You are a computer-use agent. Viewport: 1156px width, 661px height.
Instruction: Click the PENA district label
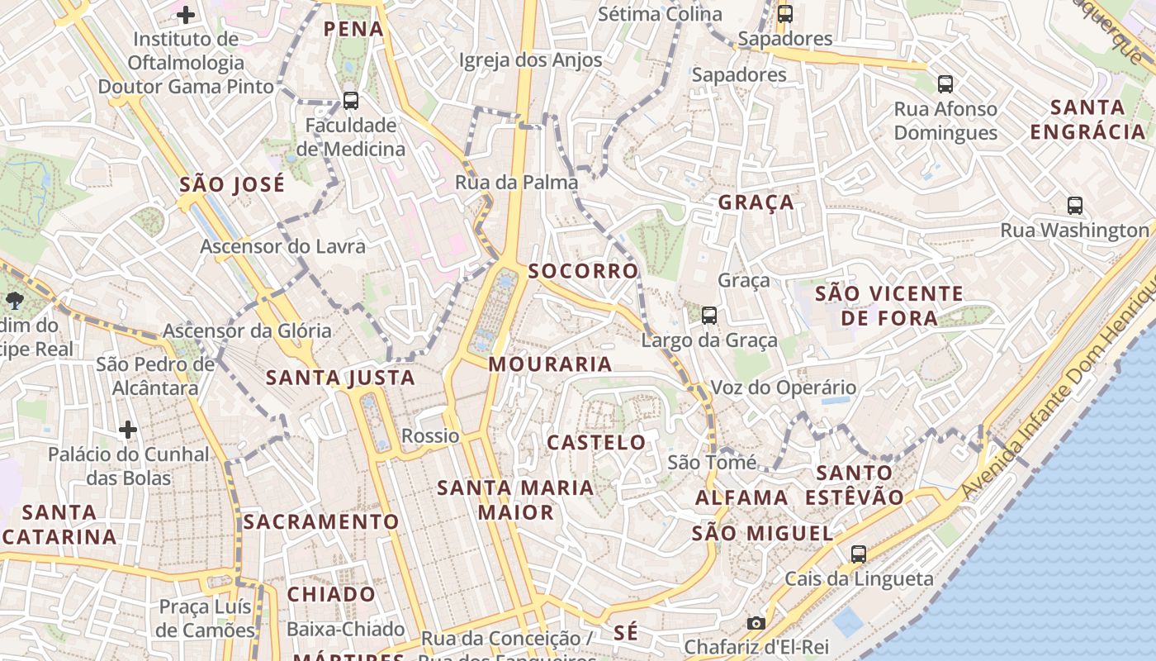click(353, 29)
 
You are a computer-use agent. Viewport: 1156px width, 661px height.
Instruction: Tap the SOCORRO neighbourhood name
click(583, 271)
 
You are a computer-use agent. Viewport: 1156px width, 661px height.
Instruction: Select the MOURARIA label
click(550, 364)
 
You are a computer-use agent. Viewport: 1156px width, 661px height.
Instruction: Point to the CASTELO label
click(596, 442)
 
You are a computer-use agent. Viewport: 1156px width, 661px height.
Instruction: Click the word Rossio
click(430, 435)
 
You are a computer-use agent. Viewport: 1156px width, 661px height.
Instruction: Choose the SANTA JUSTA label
click(340, 378)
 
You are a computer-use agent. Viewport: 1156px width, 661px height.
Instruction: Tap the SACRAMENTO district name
click(321, 522)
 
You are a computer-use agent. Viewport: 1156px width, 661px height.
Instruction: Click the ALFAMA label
click(741, 497)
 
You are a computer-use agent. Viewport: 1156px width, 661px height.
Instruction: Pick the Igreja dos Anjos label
click(530, 60)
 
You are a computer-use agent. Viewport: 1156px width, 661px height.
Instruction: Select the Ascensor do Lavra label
click(282, 246)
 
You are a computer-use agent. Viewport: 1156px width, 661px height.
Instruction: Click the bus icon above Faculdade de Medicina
click(351, 101)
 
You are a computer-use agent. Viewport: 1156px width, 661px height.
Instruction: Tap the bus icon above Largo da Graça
click(708, 315)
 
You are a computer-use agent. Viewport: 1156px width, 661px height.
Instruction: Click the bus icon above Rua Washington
click(1074, 206)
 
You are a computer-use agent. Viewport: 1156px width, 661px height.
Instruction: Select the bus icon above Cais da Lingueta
click(859, 554)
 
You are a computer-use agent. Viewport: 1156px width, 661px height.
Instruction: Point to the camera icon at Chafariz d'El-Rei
click(756, 624)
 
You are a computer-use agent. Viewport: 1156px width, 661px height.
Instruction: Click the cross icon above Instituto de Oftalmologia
click(186, 14)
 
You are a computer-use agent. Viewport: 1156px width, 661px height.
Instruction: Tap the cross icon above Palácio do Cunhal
click(128, 430)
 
